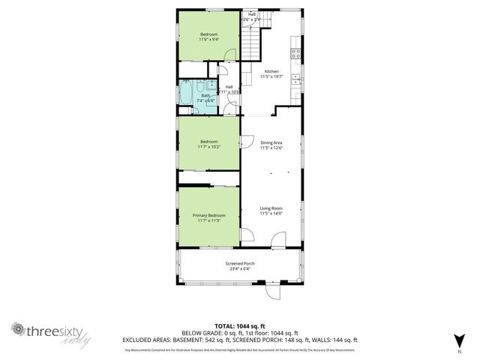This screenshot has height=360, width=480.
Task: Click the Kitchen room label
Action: tap(271, 72)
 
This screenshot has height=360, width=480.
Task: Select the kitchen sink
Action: tap(297, 79)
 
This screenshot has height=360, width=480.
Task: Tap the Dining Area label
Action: tap(271, 142)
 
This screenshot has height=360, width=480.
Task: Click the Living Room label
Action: tap(271, 209)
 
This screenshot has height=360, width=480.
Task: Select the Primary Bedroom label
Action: tap(208, 215)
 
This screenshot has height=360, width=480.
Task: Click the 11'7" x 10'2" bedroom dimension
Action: tap(208, 147)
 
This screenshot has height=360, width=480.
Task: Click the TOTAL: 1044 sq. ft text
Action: tap(240, 325)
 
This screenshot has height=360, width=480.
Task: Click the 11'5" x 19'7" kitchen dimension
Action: tap(271, 77)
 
